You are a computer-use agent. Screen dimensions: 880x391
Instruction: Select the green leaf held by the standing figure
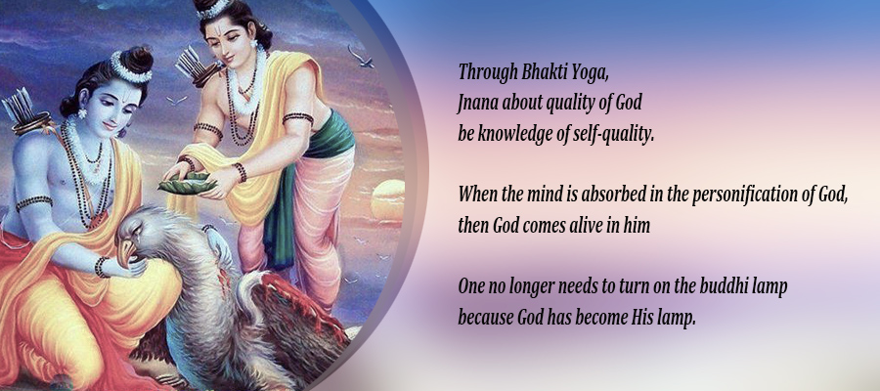(x=188, y=183)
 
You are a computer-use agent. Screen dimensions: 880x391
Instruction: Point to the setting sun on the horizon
(x=388, y=200)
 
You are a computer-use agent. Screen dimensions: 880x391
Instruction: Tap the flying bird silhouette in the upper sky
(x=360, y=57)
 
